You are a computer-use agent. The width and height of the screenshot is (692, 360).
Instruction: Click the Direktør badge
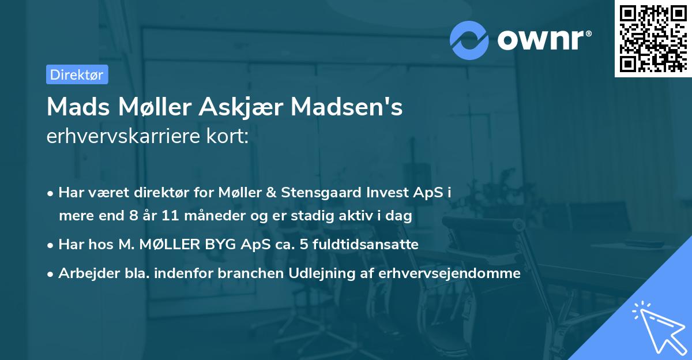pyautogui.click(x=77, y=74)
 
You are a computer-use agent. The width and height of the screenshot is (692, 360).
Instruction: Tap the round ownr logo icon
pyautogui.click(x=469, y=40)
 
